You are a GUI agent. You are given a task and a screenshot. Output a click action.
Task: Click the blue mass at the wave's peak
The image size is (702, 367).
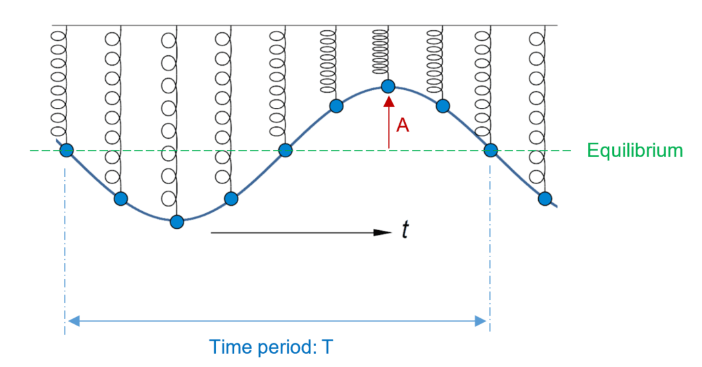pos(388,86)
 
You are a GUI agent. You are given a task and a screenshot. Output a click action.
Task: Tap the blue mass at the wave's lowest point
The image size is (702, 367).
pos(176,222)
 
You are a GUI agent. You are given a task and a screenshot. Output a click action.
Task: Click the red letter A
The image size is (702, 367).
pos(403,126)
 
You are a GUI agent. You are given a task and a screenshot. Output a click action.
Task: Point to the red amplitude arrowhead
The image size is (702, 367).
pos(389,101)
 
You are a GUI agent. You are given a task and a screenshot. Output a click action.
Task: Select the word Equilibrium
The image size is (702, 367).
pos(635,151)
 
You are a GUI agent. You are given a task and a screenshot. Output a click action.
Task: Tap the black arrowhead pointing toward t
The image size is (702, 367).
pos(383,232)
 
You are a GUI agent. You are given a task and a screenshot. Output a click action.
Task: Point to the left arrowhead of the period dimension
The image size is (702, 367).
pos(73,321)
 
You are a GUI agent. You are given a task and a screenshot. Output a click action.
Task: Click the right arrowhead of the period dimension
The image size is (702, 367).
pos(481,321)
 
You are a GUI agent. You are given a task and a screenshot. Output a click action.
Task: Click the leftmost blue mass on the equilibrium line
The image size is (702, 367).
pos(66,151)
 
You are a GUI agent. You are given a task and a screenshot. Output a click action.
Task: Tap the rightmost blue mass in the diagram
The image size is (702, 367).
pos(544,198)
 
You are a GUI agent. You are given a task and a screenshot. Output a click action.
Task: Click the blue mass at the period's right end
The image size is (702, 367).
pos(490,151)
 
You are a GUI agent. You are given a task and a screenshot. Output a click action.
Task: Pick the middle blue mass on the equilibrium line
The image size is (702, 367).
pos(285,151)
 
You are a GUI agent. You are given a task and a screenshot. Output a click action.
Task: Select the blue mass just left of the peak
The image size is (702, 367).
pos(336,106)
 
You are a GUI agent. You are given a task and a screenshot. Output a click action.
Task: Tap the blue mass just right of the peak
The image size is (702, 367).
pos(443,105)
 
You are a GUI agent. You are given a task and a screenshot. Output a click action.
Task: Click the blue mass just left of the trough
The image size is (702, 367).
pos(120,198)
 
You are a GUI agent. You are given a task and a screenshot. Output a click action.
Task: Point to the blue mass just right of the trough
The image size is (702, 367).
pos(230,198)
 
